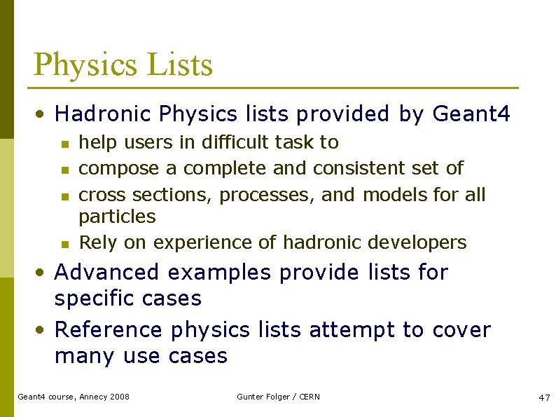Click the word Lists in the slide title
[x=180, y=64]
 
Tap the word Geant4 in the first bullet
[x=472, y=114]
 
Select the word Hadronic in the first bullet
[x=104, y=114]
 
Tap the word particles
[x=117, y=217]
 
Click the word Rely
[x=97, y=242]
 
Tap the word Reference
[x=109, y=329]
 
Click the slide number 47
[x=544, y=397]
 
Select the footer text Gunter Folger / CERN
[x=278, y=397]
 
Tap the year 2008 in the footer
[x=119, y=397]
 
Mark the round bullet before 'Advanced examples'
[x=43, y=273]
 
